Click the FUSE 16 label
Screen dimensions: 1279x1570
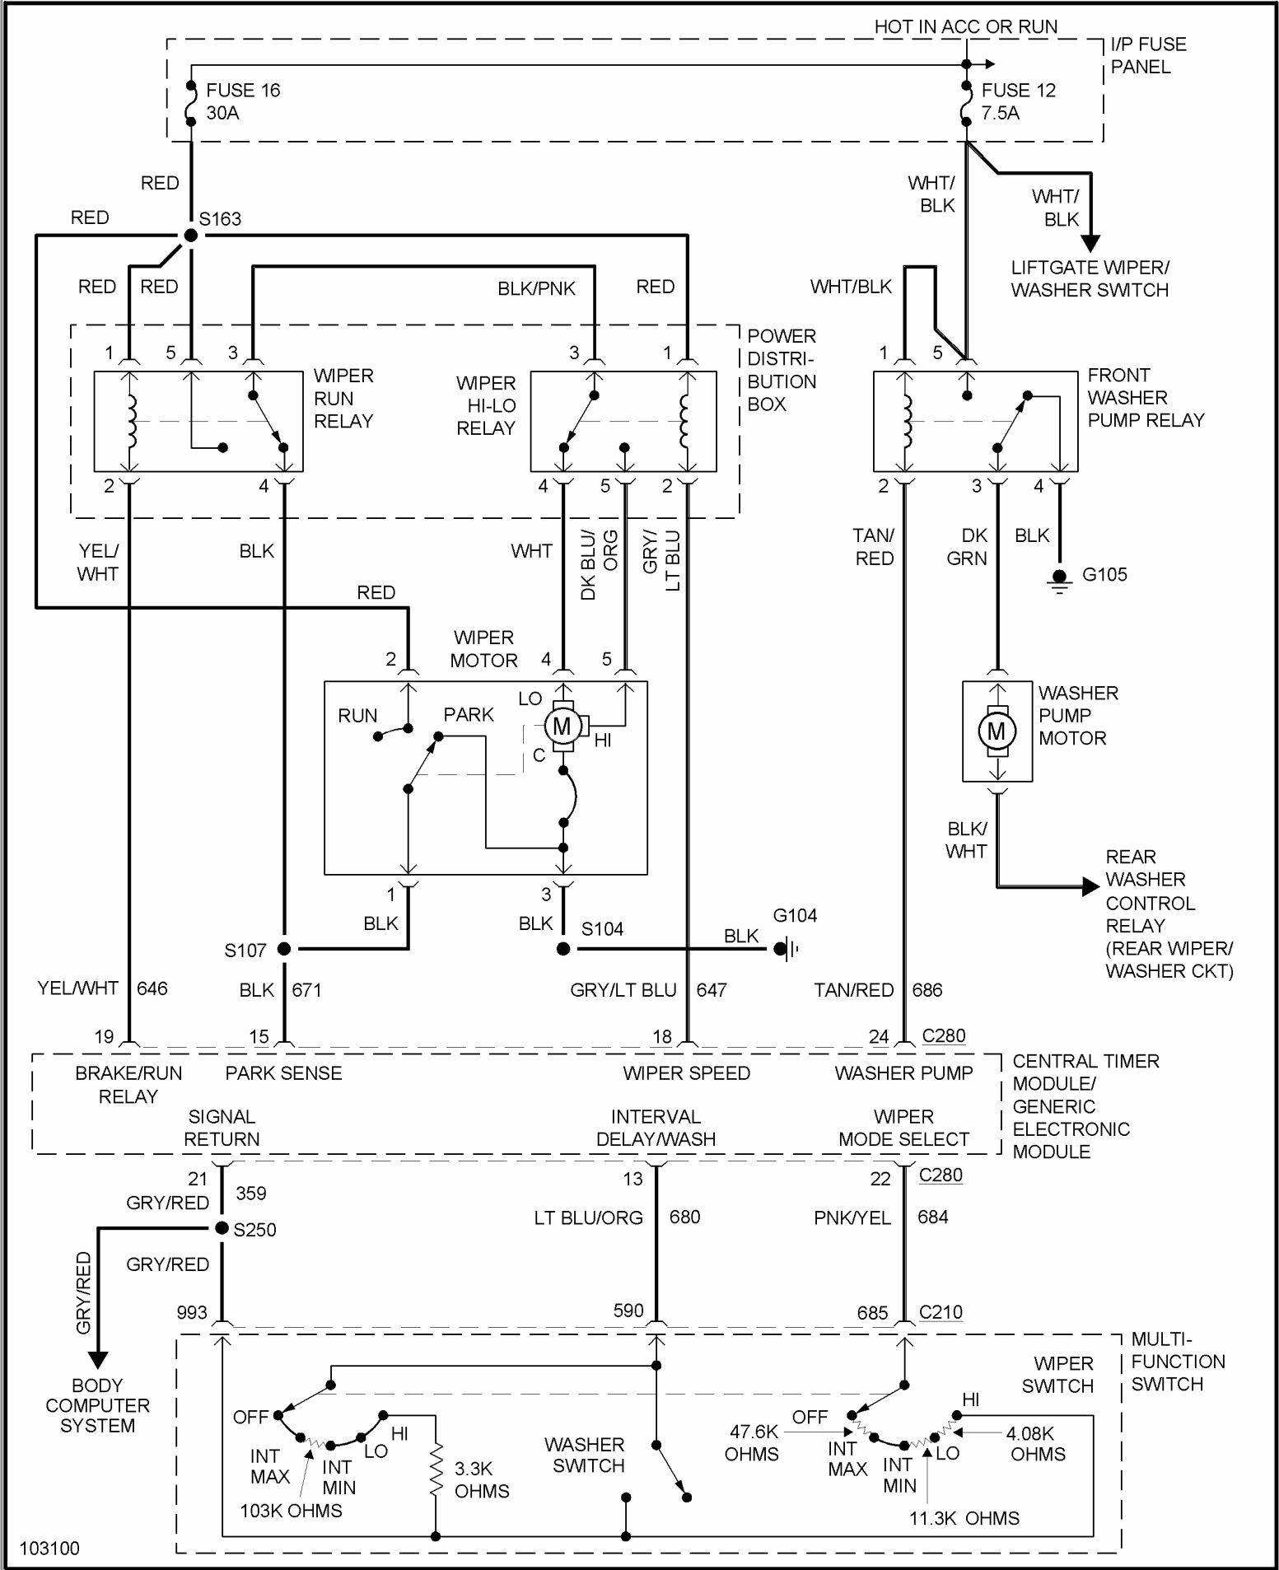pyautogui.click(x=243, y=90)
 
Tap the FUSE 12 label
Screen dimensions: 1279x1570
pyautogui.click(x=1018, y=90)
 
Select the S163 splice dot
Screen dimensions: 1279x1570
pyautogui.click(x=191, y=236)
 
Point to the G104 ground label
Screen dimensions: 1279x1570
pyautogui.click(x=795, y=915)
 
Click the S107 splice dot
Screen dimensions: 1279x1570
pyautogui.click(x=284, y=949)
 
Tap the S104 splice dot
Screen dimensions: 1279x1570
pyautogui.click(x=563, y=949)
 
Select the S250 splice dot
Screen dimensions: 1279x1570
pyautogui.click(x=222, y=1228)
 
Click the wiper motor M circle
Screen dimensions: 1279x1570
pyautogui.click(x=562, y=726)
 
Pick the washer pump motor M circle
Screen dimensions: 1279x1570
pyautogui.click(x=997, y=731)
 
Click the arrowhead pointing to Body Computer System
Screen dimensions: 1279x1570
pyautogui.click(x=97, y=1359)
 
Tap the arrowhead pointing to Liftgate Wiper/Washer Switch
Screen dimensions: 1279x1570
pyautogui.click(x=1090, y=244)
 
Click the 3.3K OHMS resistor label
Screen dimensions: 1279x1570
pyautogui.click(x=482, y=1479)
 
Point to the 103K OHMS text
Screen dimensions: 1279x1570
pyautogui.click(x=291, y=1511)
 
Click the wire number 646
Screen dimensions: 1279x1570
pyautogui.click(x=152, y=988)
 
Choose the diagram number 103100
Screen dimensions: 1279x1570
pyautogui.click(x=49, y=1549)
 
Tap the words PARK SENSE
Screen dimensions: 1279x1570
pyautogui.click(x=283, y=1073)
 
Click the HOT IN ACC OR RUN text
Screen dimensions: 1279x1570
pyautogui.click(x=966, y=26)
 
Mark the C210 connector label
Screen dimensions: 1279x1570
pyautogui.click(x=941, y=1312)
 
